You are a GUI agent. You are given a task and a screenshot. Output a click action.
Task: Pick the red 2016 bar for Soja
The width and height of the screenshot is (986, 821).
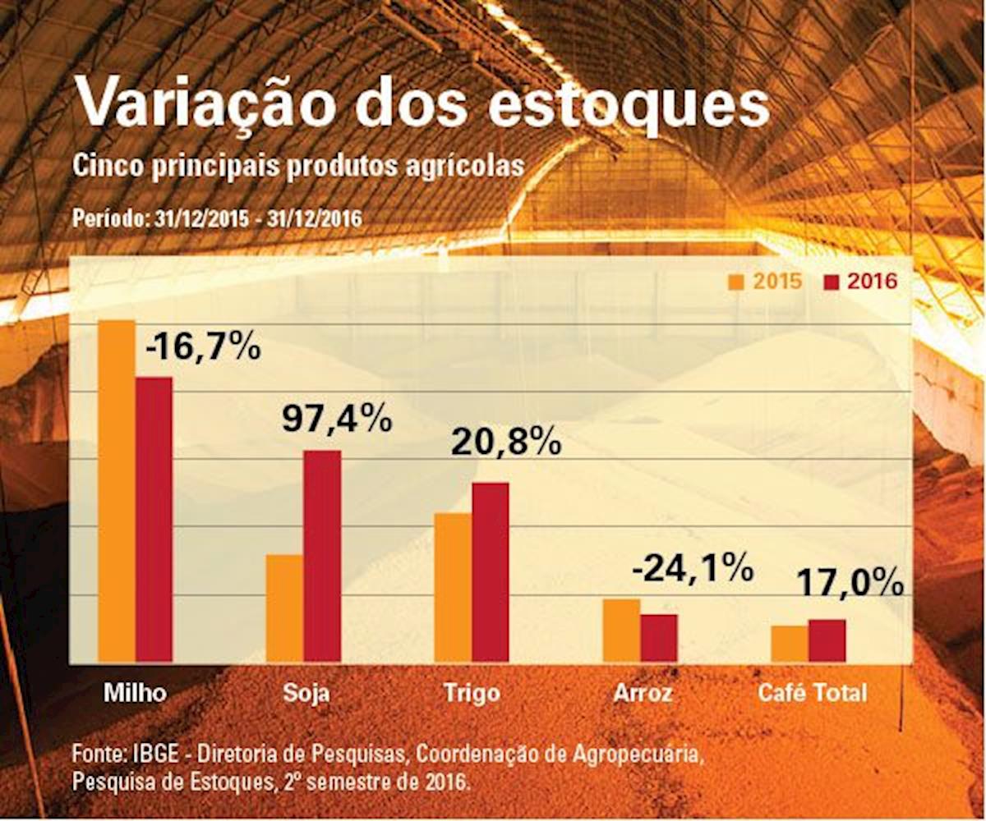coord(322,556)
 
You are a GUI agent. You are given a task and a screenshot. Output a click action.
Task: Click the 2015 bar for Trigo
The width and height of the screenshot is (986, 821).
coord(453,587)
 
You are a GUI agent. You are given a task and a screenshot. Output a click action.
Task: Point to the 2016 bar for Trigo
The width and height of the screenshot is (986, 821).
coord(491,571)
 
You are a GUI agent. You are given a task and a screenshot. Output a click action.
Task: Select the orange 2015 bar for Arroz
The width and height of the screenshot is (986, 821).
coord(621,630)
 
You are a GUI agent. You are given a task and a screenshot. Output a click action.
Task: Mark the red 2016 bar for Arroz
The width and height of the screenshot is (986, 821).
coord(659,637)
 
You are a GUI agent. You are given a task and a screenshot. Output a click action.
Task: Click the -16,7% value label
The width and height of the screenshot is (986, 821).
coord(203,347)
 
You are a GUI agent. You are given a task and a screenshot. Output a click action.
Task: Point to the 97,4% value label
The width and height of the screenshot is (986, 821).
coord(336,420)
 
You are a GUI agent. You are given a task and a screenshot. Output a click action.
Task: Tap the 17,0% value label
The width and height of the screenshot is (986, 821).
coord(851,585)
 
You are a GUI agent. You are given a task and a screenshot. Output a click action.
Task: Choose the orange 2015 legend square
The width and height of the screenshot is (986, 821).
coord(736,282)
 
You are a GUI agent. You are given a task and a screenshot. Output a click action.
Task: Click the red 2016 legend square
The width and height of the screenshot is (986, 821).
coord(831,282)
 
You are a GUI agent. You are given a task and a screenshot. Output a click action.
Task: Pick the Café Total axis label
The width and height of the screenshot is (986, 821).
coord(812,693)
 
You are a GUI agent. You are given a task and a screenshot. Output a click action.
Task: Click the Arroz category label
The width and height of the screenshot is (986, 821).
coord(643,693)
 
